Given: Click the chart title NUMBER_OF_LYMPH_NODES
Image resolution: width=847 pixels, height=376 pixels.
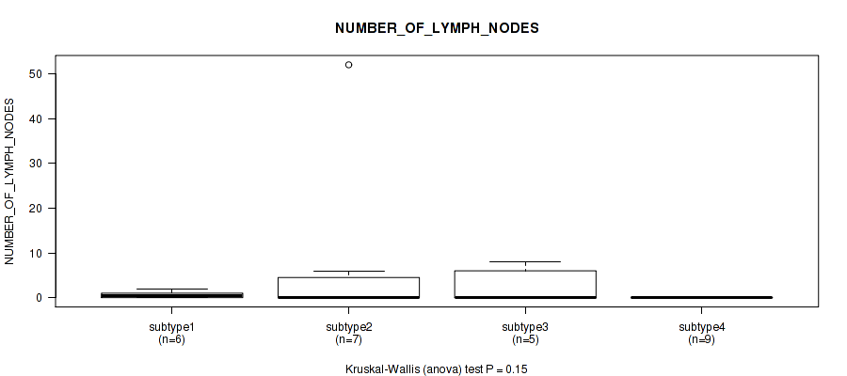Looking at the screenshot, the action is click(437, 28).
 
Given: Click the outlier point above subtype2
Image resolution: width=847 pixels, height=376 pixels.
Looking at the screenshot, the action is click(348, 65).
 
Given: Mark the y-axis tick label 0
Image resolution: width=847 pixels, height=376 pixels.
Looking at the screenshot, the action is click(40, 298).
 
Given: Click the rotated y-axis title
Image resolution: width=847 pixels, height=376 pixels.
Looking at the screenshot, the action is click(9, 181).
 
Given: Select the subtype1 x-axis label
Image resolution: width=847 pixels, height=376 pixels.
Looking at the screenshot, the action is click(172, 327).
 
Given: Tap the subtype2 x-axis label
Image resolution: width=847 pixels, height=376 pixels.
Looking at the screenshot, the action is click(348, 327).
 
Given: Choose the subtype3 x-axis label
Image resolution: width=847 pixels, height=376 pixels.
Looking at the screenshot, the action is click(525, 327).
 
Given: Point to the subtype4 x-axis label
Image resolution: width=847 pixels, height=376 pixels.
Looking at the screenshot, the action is click(701, 327).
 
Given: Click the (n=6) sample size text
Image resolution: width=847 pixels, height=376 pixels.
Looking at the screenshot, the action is click(172, 340).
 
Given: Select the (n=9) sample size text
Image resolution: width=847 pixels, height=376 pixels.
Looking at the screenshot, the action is click(701, 340).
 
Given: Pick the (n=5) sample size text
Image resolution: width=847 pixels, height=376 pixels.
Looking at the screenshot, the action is click(525, 340).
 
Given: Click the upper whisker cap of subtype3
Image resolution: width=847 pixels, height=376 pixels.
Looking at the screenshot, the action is click(525, 261).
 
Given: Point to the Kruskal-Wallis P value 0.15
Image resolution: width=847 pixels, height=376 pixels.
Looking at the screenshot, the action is click(518, 369).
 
